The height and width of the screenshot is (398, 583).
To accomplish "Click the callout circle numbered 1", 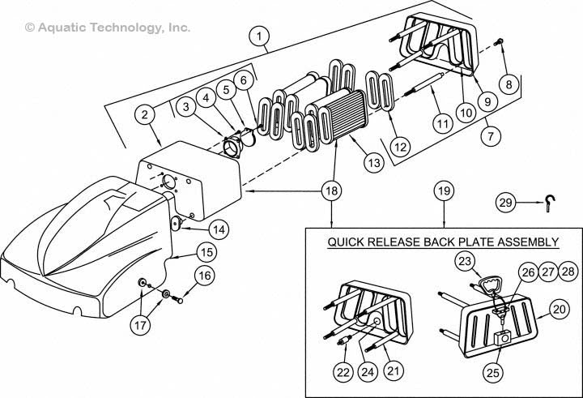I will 258,36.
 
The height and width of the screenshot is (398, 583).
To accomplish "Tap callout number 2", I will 144,115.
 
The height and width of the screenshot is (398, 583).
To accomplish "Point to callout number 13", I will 372,162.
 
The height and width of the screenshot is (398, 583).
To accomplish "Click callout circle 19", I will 445,191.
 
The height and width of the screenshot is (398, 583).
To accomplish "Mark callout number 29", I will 505,202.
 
